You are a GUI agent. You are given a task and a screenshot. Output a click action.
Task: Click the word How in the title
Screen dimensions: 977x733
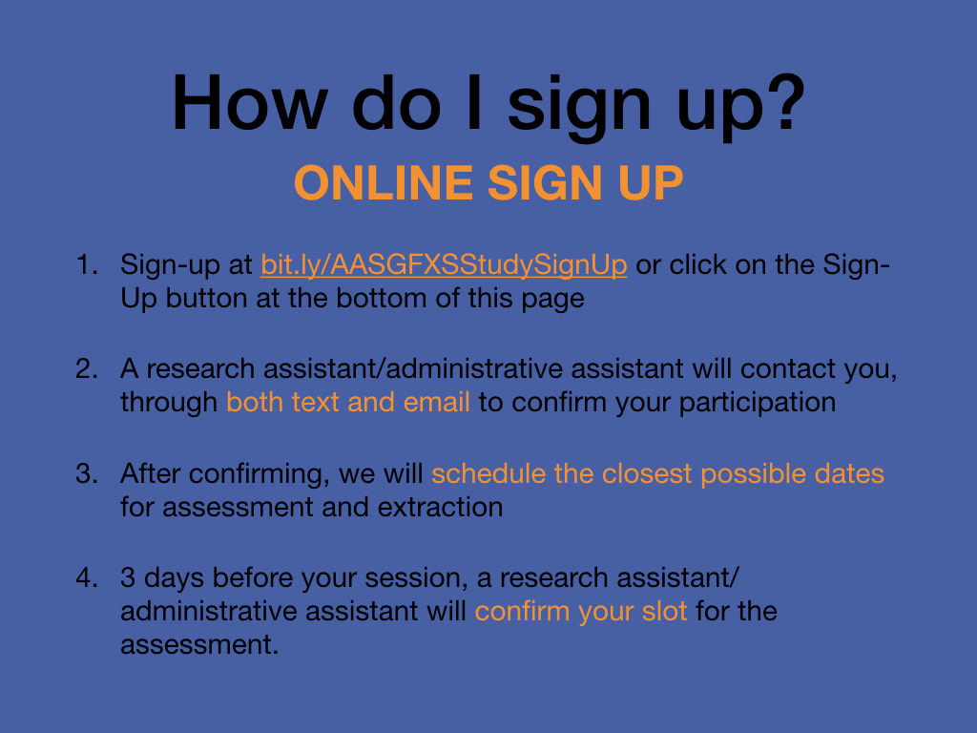tap(250, 103)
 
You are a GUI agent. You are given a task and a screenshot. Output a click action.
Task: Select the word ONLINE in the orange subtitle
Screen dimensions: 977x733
tap(384, 182)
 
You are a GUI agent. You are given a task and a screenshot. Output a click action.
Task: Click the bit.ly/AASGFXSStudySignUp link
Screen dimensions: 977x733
tap(444, 265)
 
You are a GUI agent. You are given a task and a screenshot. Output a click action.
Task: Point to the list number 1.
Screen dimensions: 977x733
tap(87, 265)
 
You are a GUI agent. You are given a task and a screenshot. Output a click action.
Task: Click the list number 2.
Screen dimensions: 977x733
tap(87, 369)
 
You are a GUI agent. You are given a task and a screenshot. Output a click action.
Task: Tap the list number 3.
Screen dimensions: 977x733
tap(87, 473)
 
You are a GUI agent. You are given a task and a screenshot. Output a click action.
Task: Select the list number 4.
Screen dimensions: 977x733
tap(87, 577)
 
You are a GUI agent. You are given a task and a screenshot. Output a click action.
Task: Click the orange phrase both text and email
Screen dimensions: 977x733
tap(347, 402)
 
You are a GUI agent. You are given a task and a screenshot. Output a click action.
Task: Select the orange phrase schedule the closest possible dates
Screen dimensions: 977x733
tap(657, 474)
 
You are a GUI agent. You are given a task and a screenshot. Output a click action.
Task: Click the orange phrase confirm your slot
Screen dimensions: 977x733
tap(581, 612)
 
